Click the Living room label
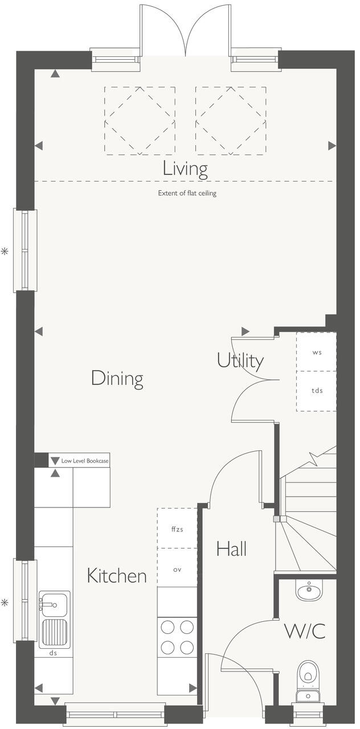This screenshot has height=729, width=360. [x=185, y=169]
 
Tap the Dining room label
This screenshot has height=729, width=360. [x=117, y=378]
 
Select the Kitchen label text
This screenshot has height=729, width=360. [x=116, y=576]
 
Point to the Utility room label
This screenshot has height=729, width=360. [x=240, y=361]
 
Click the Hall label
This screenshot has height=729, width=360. [x=231, y=549]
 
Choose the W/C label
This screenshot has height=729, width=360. [x=305, y=631]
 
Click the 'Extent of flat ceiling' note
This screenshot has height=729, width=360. [x=187, y=194]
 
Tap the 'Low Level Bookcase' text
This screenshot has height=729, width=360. [x=85, y=461]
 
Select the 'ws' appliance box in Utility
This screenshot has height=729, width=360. [x=316, y=352]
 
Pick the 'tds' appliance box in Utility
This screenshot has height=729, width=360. [x=316, y=391]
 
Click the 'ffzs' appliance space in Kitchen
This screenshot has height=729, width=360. [x=177, y=529]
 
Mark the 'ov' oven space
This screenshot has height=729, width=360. [x=177, y=568]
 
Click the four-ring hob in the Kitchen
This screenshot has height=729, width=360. [x=177, y=637]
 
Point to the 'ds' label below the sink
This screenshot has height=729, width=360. [x=54, y=654]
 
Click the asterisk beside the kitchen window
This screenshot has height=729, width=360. [x=5, y=602]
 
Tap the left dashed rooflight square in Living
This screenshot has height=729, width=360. [x=140, y=120]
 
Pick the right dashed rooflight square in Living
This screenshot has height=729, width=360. [x=231, y=120]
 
